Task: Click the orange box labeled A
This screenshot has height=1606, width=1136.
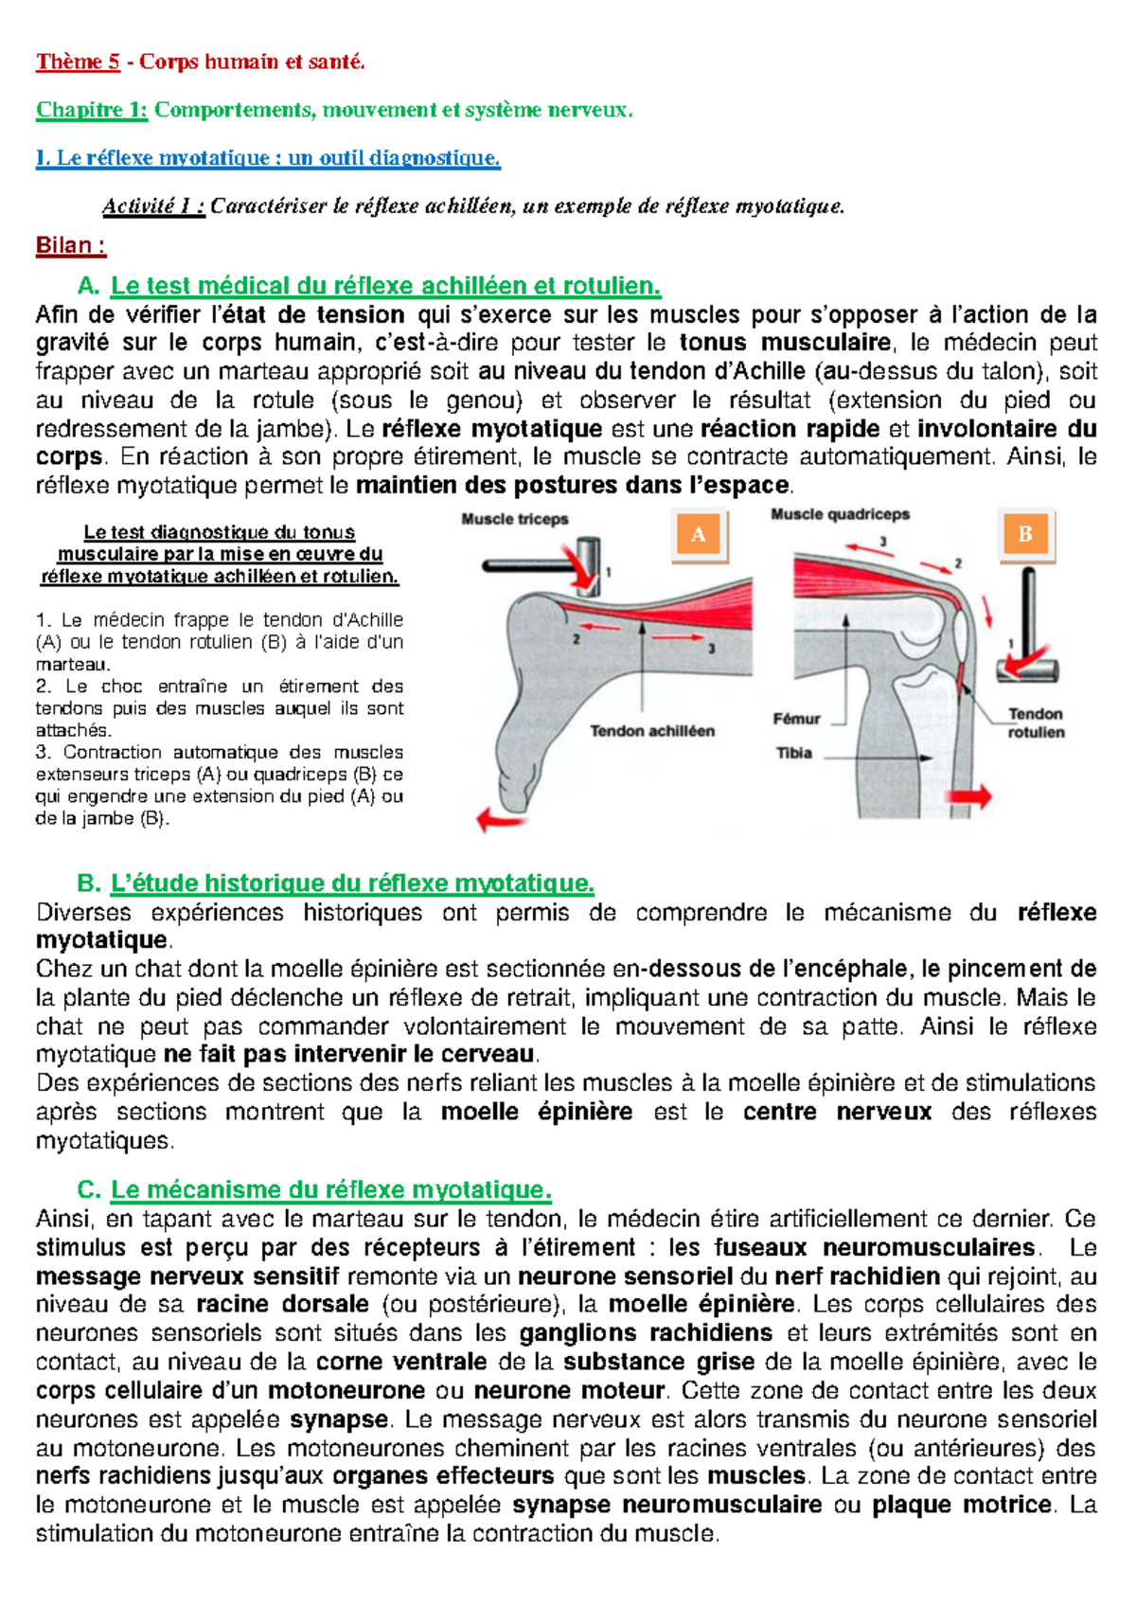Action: (699, 535)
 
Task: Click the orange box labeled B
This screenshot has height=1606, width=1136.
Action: (1025, 534)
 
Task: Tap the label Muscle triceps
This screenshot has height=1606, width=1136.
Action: (514, 519)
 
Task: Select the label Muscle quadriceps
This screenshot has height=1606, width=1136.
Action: (840, 514)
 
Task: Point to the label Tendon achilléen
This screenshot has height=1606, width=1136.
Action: (652, 731)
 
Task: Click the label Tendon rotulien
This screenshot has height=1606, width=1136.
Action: (1036, 723)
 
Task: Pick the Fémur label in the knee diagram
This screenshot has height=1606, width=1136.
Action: (796, 719)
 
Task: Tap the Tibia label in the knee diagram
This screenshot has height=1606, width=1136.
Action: (794, 754)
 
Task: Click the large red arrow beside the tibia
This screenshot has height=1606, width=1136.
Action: (969, 796)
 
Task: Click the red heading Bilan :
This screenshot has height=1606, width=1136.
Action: (70, 246)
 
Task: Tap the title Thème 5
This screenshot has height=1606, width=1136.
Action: (78, 62)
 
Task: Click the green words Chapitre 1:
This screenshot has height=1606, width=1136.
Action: (92, 111)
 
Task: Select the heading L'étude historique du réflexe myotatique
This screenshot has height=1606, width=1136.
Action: (352, 883)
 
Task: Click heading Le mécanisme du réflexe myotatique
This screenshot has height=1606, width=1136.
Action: (330, 1190)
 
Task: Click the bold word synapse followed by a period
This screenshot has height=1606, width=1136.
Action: (339, 1419)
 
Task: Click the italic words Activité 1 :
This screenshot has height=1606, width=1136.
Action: (153, 206)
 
